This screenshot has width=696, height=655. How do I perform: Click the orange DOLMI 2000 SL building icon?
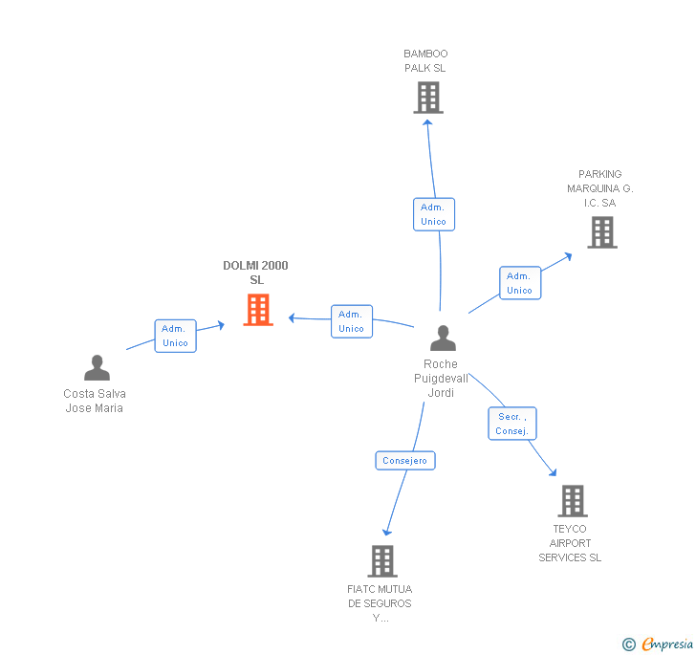(258, 310)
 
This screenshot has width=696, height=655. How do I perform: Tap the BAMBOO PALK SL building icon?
(428, 98)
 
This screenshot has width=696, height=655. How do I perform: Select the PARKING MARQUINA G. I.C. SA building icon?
(601, 232)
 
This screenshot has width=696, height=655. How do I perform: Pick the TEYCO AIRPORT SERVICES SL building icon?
(572, 501)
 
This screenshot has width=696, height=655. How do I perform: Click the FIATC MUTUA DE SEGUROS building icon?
(381, 561)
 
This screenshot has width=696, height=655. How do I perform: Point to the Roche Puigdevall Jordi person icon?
(443, 338)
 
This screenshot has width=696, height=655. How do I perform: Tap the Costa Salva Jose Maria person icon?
(97, 368)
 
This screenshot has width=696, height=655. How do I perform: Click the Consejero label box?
(405, 461)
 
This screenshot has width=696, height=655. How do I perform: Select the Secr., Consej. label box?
(511, 424)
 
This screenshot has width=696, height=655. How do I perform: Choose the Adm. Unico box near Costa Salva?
(175, 336)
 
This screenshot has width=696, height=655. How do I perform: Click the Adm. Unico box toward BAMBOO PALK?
(433, 214)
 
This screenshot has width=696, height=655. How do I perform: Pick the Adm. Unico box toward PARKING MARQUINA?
(519, 283)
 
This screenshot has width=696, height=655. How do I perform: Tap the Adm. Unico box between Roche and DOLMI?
(351, 321)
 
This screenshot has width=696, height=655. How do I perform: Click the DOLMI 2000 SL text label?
(255, 273)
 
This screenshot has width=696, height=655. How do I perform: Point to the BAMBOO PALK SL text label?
(425, 61)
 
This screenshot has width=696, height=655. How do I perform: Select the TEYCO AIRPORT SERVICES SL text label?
(570, 543)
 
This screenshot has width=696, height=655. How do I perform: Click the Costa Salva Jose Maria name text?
(95, 401)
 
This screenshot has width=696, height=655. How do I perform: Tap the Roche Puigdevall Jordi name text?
(441, 379)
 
